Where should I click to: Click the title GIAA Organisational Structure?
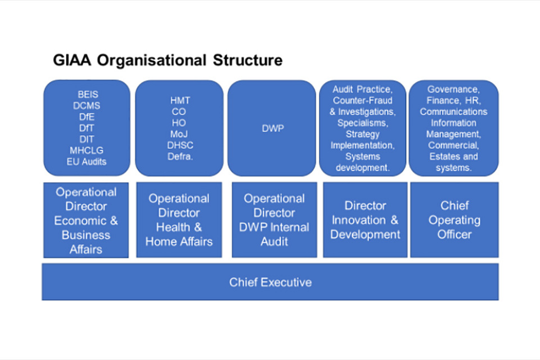168,60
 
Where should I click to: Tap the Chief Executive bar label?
270,282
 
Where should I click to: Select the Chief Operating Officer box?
454,219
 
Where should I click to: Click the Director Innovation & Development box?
365,219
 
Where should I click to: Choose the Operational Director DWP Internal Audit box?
274,219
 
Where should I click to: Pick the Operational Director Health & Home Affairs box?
179,219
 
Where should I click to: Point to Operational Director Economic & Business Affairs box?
86,220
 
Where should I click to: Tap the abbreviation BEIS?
88,94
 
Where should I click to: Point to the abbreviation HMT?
180,100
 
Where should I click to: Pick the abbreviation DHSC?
180,145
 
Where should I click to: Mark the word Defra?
180,156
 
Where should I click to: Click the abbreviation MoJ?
180,134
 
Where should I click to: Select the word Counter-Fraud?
362,100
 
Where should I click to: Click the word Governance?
453,89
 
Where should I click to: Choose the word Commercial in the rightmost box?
453,145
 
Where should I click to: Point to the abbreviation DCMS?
87,106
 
